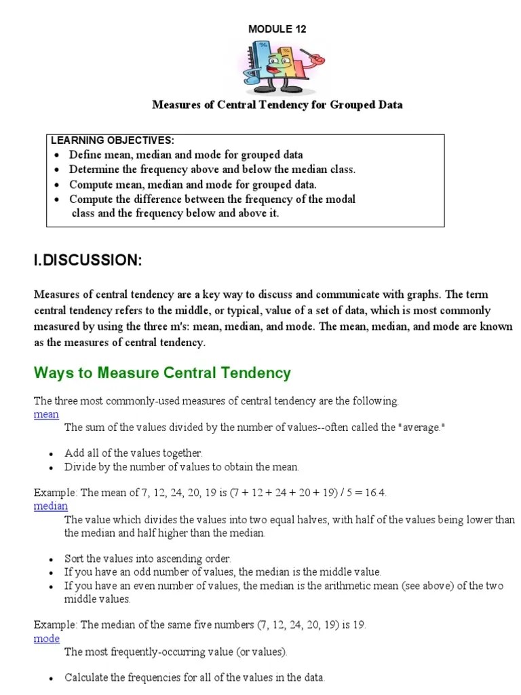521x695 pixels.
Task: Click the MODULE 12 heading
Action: click(277, 29)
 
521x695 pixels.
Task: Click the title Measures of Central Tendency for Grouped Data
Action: click(277, 105)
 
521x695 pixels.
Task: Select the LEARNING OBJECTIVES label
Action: click(113, 140)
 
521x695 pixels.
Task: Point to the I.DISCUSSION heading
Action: click(88, 260)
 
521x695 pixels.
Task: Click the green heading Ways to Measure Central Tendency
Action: click(162, 373)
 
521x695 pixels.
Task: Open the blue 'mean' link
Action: click(46, 414)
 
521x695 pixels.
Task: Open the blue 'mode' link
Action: click(47, 639)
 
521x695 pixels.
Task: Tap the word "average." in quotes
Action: click(423, 428)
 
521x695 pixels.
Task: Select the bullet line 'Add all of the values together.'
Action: click(134, 453)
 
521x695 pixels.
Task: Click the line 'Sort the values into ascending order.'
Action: click(148, 559)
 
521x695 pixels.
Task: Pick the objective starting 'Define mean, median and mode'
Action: click(186, 155)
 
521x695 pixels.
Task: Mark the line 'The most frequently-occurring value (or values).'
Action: click(176, 652)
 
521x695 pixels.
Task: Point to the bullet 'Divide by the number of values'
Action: click(182, 467)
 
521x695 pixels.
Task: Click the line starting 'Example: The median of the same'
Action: click(199, 625)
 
